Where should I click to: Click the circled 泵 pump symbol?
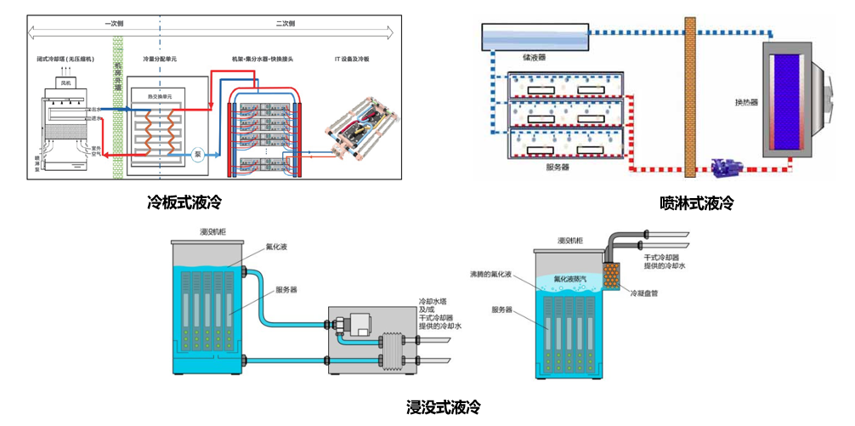[197, 156]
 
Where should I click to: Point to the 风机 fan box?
[66, 83]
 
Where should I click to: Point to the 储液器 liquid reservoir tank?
[535, 37]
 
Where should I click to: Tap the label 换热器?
[746, 102]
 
